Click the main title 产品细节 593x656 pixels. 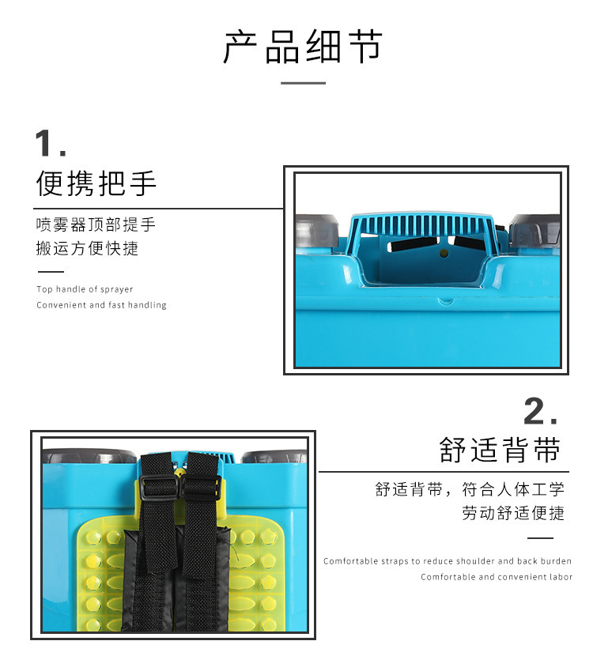point(303,47)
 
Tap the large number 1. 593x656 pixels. point(51,143)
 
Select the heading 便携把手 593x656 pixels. point(96,183)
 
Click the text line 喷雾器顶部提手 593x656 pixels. point(96,224)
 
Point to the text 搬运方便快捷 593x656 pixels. point(87,248)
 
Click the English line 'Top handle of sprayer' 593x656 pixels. point(85,289)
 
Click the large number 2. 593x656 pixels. point(540,411)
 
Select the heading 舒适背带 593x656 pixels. point(500,450)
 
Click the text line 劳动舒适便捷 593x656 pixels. point(513,513)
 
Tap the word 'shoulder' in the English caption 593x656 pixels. point(475,561)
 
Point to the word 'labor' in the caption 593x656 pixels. point(561,577)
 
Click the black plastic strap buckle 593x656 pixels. point(180,488)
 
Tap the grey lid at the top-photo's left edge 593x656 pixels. point(317,232)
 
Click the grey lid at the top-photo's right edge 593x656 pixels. point(534,231)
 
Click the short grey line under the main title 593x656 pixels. point(303,83)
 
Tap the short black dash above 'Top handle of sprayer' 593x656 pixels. point(51,272)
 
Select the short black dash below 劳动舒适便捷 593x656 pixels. point(540,538)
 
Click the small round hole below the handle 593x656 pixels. point(444,253)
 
